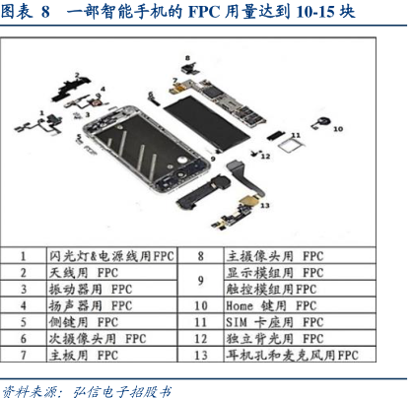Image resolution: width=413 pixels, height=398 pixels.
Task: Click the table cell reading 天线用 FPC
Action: coord(111,272)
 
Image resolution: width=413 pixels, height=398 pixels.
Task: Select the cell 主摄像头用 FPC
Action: coord(300,255)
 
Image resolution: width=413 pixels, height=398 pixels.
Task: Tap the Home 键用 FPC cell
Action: coord(300,305)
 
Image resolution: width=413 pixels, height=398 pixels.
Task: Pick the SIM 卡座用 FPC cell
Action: coord(300,322)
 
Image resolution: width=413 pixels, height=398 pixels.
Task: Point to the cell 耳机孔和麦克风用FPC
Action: coord(300,355)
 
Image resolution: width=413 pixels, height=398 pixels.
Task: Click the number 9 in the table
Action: coord(200,280)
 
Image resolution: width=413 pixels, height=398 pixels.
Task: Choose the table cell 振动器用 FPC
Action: coord(111,289)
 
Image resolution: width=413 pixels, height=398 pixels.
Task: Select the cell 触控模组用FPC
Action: coord(300,289)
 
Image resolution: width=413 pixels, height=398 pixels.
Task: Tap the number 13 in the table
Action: coord(200,355)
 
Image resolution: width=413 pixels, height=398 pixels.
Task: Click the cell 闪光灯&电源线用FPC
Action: coord(111,255)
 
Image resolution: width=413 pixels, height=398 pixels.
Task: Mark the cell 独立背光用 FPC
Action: coord(300,338)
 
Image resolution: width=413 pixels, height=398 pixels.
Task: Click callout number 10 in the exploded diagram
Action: coord(338,129)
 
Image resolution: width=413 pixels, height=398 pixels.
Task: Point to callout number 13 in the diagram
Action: coord(265,206)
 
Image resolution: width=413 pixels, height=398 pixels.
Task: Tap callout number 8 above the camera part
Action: coord(187,58)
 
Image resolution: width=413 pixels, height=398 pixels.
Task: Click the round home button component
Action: coord(322,122)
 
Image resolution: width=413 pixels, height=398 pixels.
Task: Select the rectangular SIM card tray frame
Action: coord(291,145)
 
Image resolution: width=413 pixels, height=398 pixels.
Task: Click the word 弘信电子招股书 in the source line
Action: coord(121,391)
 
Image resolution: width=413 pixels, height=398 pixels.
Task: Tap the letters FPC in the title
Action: coord(204,12)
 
